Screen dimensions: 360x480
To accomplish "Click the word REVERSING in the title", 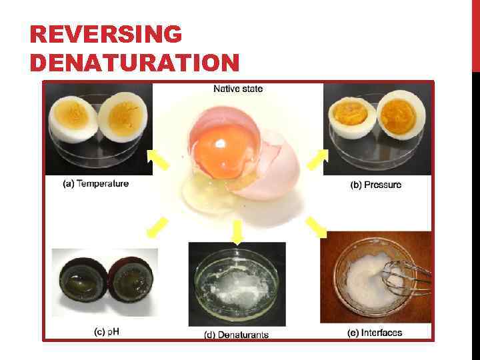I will tap(105, 35).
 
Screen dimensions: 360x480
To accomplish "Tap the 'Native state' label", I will tap(238, 89).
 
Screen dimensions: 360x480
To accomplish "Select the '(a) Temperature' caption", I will tap(95, 183).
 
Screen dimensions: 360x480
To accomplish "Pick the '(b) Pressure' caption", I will tap(376, 185).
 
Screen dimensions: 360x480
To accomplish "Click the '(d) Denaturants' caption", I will tap(236, 334).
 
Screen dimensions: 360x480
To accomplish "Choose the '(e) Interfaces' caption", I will tap(375, 332).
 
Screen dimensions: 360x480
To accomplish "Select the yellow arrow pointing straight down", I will tap(236, 231).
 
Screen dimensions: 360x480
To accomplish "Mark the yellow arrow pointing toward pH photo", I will tap(157, 227).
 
